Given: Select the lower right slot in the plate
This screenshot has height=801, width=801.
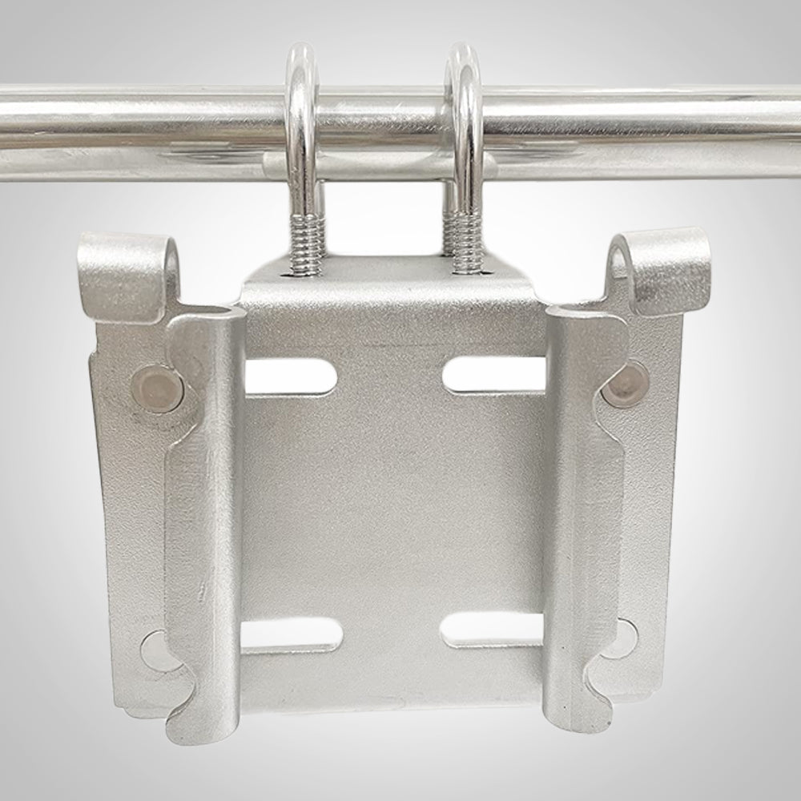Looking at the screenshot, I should click(493, 632).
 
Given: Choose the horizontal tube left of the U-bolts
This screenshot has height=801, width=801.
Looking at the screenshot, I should click(136, 120).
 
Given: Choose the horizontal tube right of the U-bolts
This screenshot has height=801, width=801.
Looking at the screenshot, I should click(641, 120).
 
